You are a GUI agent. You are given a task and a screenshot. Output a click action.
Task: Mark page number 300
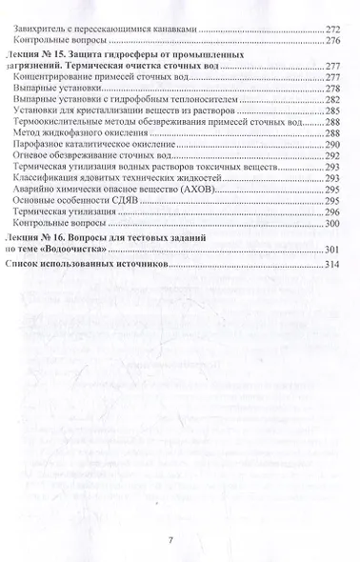click(333, 264)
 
